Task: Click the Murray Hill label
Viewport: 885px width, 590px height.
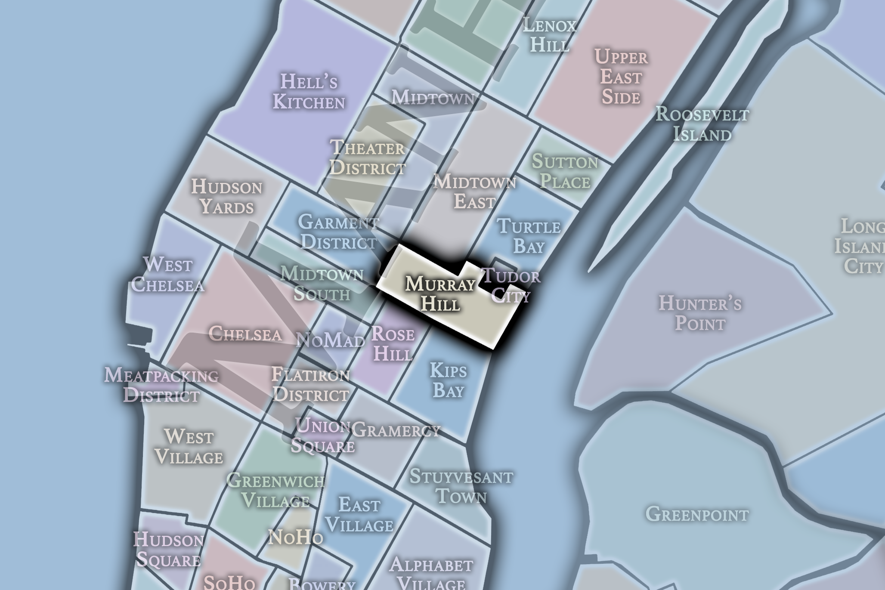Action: click(440, 294)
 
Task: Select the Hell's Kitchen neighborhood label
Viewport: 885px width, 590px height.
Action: click(309, 92)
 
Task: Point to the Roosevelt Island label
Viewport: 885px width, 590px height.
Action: click(702, 124)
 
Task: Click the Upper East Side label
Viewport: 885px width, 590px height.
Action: click(621, 77)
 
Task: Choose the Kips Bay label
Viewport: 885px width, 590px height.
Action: click(448, 380)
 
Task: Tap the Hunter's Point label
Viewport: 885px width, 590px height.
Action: click(700, 313)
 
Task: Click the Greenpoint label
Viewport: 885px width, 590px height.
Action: click(697, 514)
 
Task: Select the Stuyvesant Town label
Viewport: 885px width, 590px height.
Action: click(461, 486)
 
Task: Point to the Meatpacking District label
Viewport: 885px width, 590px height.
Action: click(161, 385)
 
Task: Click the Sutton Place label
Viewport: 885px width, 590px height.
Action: click(565, 172)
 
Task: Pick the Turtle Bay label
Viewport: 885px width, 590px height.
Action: click(529, 236)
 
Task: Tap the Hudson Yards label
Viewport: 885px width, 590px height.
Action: click(226, 197)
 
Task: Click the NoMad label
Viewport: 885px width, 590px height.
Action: click(331, 341)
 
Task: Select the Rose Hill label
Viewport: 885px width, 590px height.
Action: click(393, 344)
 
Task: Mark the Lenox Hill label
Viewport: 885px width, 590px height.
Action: click(550, 35)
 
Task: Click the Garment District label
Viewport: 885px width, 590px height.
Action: click(339, 232)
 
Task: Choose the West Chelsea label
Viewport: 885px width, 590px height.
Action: click(167, 275)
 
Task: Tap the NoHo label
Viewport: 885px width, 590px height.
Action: click(295, 537)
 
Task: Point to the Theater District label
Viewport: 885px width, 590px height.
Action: click(367, 158)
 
